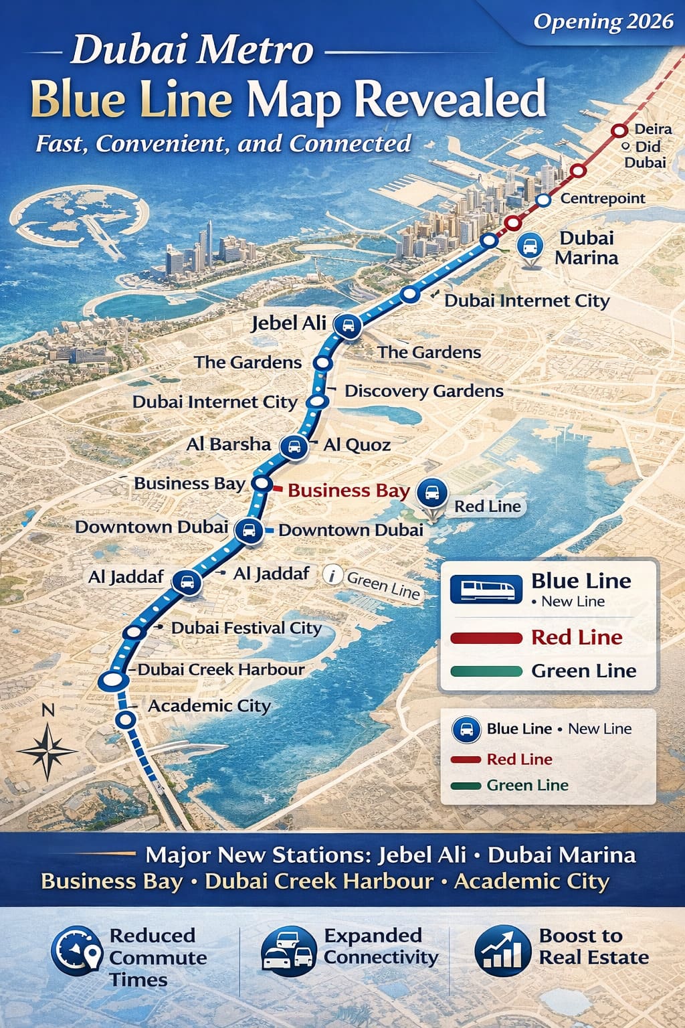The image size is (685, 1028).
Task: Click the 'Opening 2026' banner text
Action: (x=603, y=21)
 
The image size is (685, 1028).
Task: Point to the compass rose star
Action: (x=47, y=750)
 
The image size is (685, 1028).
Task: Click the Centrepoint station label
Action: (x=603, y=198)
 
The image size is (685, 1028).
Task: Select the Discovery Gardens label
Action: (x=423, y=391)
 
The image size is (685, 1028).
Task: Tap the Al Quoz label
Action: (x=357, y=445)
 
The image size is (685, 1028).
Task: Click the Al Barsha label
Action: (x=229, y=444)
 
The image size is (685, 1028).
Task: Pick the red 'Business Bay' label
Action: (x=349, y=491)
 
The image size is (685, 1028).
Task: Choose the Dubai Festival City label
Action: (x=246, y=628)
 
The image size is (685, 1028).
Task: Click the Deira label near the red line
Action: (x=653, y=129)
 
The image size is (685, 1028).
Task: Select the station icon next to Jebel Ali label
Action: (x=347, y=327)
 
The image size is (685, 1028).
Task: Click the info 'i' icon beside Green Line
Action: (x=332, y=575)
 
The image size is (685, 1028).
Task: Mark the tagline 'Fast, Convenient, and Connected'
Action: (x=223, y=143)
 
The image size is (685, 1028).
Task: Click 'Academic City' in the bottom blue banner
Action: (x=531, y=881)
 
